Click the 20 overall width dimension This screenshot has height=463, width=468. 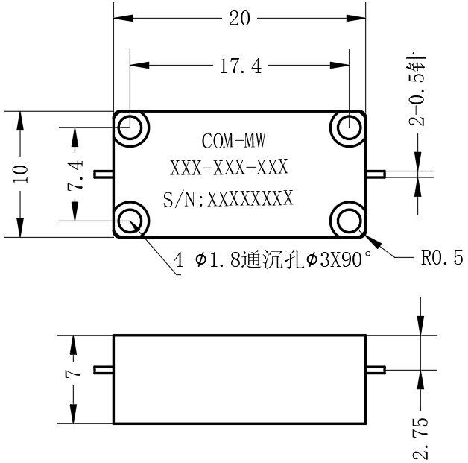pos(239,19)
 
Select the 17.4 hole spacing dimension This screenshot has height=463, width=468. pos(241,66)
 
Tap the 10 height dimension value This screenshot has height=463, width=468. pos(20,174)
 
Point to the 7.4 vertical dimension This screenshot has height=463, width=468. pos(75,175)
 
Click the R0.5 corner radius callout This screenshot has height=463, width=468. pos(442,258)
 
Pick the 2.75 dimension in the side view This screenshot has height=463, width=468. pos(420,438)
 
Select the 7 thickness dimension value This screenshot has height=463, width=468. pos(73,374)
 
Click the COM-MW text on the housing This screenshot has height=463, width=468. pos(233,141)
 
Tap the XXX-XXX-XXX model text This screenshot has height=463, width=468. pos(229,167)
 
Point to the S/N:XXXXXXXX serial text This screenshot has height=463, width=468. pos(228,198)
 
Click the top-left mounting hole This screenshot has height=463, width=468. pos(130,127)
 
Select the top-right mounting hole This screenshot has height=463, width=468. pos(349,127)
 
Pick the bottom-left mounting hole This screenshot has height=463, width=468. pos(130,221)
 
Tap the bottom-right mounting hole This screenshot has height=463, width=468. pos(349,221)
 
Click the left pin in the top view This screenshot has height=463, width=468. pos(104,174)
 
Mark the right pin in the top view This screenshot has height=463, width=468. pos(376,174)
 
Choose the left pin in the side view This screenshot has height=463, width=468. pos(104,370)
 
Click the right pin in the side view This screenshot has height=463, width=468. pos(376,370)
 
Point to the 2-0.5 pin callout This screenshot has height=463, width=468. pos(417,90)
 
